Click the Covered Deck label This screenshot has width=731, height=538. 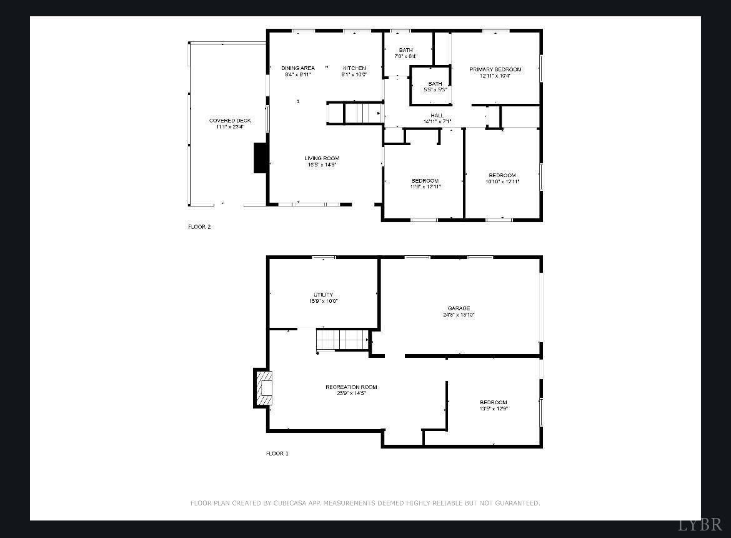click(x=230, y=123)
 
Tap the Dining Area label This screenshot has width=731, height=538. click(x=297, y=71)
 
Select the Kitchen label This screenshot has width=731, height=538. click(x=354, y=71)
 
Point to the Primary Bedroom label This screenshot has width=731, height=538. click(x=495, y=72)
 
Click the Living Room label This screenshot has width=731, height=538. click(x=322, y=161)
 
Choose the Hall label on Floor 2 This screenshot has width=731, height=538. click(x=437, y=118)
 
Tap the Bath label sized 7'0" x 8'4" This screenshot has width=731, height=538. click(x=405, y=53)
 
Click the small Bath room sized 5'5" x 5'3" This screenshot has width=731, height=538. click(x=435, y=86)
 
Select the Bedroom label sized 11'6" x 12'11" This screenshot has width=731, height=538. click(x=425, y=183)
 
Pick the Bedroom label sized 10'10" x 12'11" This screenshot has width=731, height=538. click(x=502, y=178)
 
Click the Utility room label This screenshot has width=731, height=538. click(x=323, y=297)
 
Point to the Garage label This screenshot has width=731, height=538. click(x=459, y=311)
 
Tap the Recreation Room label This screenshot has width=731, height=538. click(x=351, y=390)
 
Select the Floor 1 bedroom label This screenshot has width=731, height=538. click(x=493, y=405)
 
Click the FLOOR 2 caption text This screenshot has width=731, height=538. click(x=199, y=227)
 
